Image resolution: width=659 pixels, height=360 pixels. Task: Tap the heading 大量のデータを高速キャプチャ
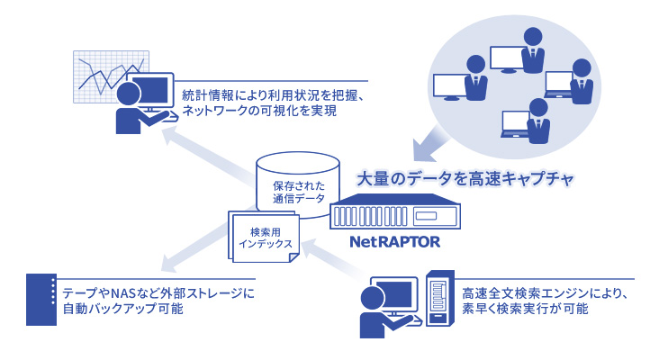[465, 177]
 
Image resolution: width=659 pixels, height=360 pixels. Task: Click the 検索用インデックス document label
[260, 237]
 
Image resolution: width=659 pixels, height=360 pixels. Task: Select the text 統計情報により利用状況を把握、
[272, 95]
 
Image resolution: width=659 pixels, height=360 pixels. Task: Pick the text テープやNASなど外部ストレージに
[158, 293]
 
